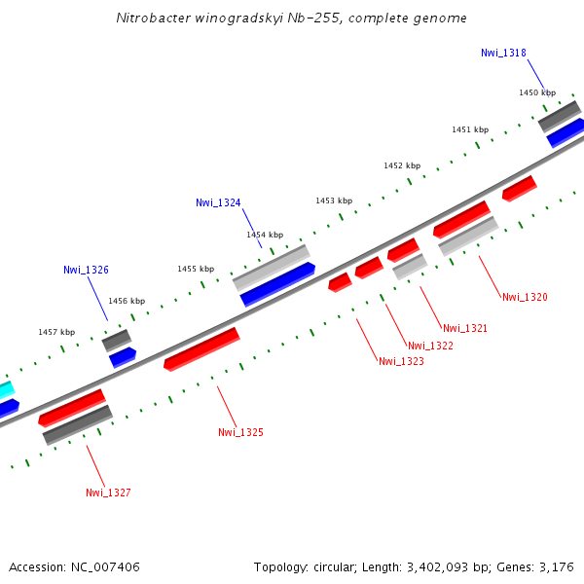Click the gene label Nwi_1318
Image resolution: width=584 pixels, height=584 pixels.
pyautogui.click(x=503, y=53)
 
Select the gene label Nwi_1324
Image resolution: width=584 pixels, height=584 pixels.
pyautogui.click(x=218, y=202)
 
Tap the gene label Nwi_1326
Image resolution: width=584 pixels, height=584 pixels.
pyautogui.click(x=86, y=270)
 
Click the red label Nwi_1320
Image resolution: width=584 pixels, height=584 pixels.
pyautogui.click(x=525, y=297)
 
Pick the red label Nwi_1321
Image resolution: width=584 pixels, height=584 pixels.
pyautogui.click(x=464, y=328)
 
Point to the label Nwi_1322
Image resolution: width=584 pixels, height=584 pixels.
pyautogui.click(x=430, y=346)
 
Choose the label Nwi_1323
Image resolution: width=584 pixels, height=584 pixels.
pyautogui.click(x=401, y=361)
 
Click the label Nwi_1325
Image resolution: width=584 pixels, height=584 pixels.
pyautogui.click(x=240, y=431)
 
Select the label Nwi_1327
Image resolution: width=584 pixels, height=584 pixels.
pyautogui.click(x=108, y=493)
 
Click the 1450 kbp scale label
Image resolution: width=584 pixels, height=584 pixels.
pyautogui.click(x=537, y=92)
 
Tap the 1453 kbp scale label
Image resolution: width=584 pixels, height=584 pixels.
pyautogui.click(x=334, y=201)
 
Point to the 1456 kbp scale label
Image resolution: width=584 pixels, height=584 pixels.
pyautogui.click(x=127, y=301)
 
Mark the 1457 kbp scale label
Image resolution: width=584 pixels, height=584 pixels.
pyautogui.click(x=56, y=332)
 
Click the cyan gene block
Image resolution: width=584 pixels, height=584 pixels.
pyautogui.click(x=6, y=389)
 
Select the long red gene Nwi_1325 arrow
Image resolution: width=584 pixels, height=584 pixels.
pyautogui.click(x=201, y=348)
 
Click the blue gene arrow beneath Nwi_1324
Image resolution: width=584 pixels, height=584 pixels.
pyautogui.click(x=277, y=283)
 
